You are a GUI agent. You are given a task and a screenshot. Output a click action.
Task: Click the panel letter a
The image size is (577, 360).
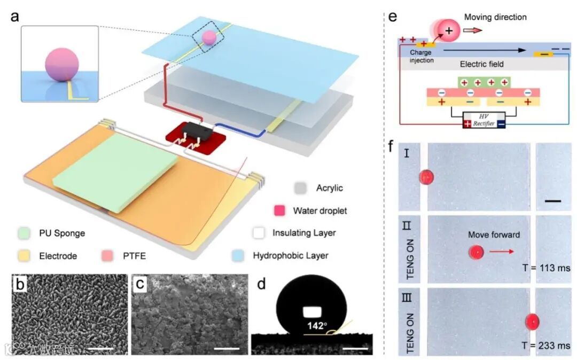coord(15,16)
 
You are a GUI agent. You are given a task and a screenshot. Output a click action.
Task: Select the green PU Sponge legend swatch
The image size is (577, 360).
coord(23,233)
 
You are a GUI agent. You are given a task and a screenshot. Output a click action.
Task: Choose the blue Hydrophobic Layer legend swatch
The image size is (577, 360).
coord(239,255)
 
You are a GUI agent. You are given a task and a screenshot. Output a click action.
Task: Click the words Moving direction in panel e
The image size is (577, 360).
coord(495,17)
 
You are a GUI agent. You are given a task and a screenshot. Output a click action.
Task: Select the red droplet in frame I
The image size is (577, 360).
coord(426,177)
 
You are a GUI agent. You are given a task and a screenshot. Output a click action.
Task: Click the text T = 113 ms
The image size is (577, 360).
coord(546,268)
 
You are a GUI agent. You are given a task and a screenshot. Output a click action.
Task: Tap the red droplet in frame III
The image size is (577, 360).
coord(532,322)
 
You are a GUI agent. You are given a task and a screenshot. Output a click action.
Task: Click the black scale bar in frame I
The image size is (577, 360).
coord(553,201)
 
